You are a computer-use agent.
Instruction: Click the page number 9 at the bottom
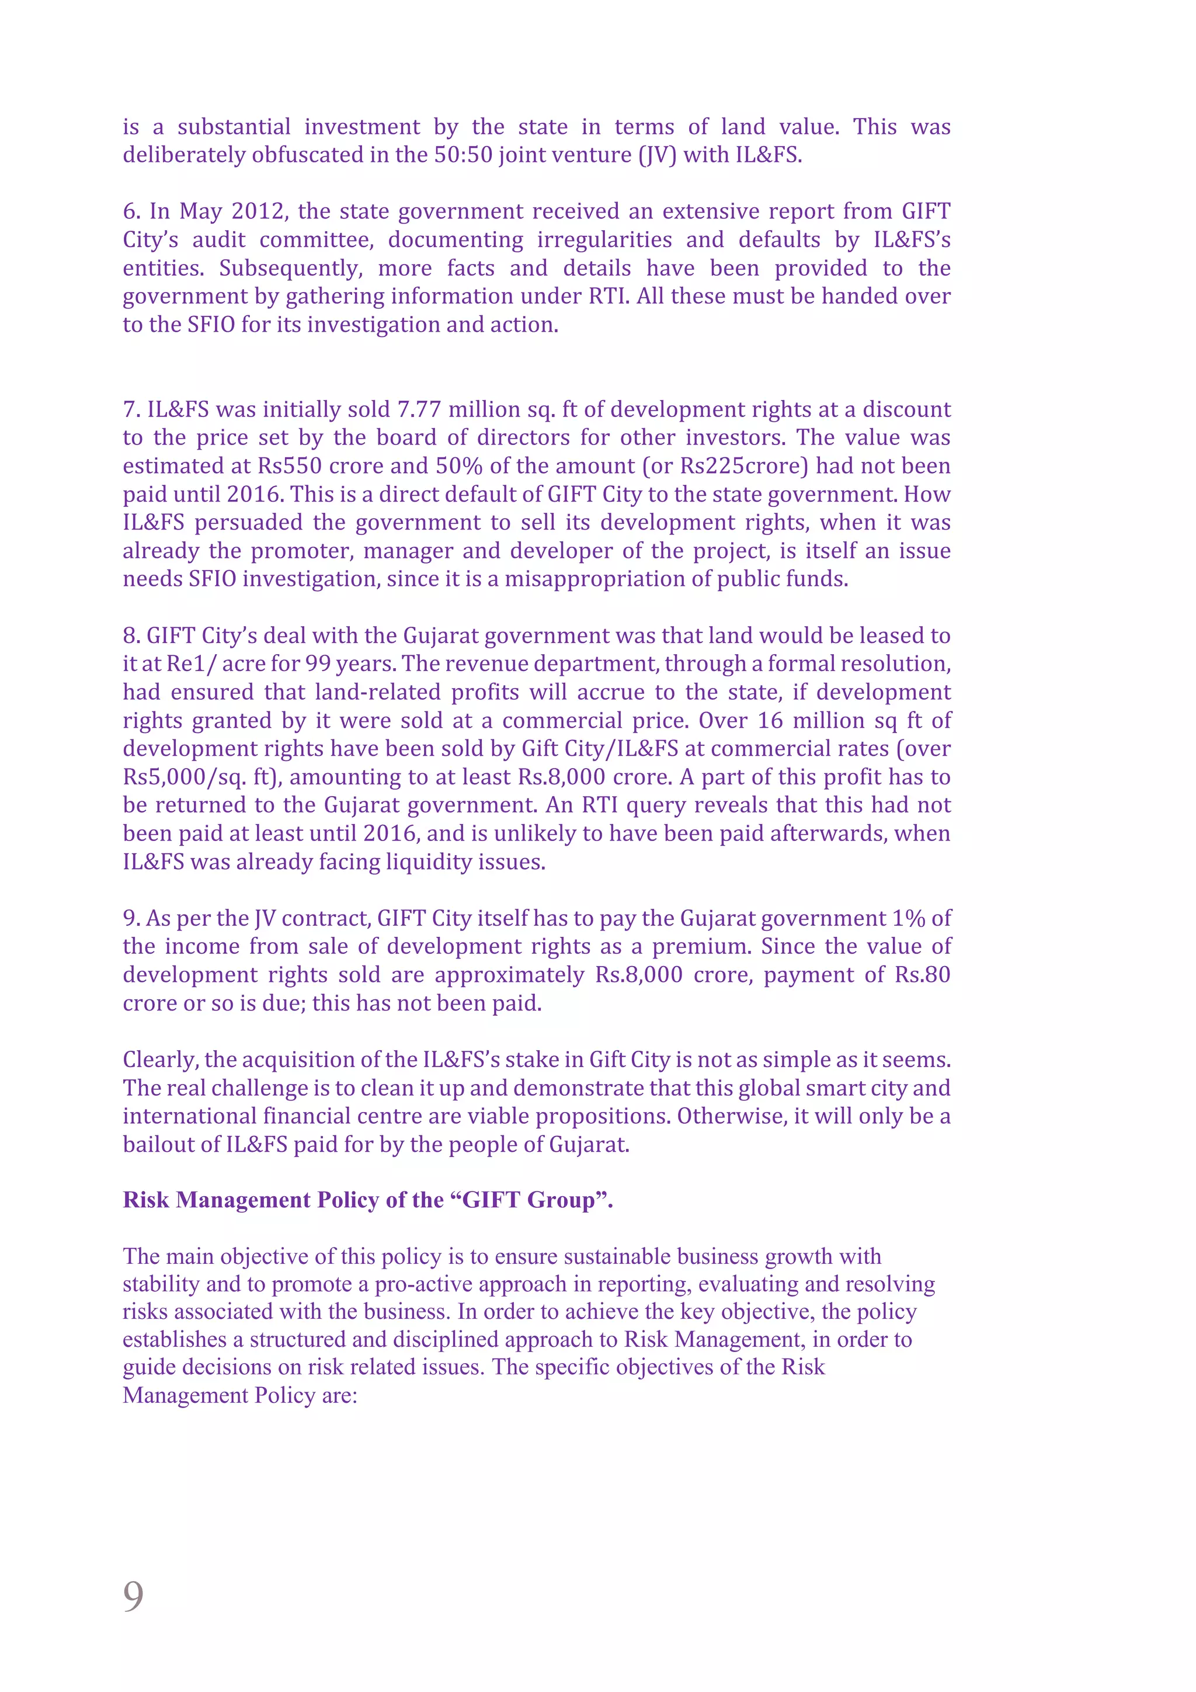click(133, 1596)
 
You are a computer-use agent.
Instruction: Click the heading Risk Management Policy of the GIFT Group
click(368, 1199)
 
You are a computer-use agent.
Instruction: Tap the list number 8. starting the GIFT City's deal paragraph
click(131, 636)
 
